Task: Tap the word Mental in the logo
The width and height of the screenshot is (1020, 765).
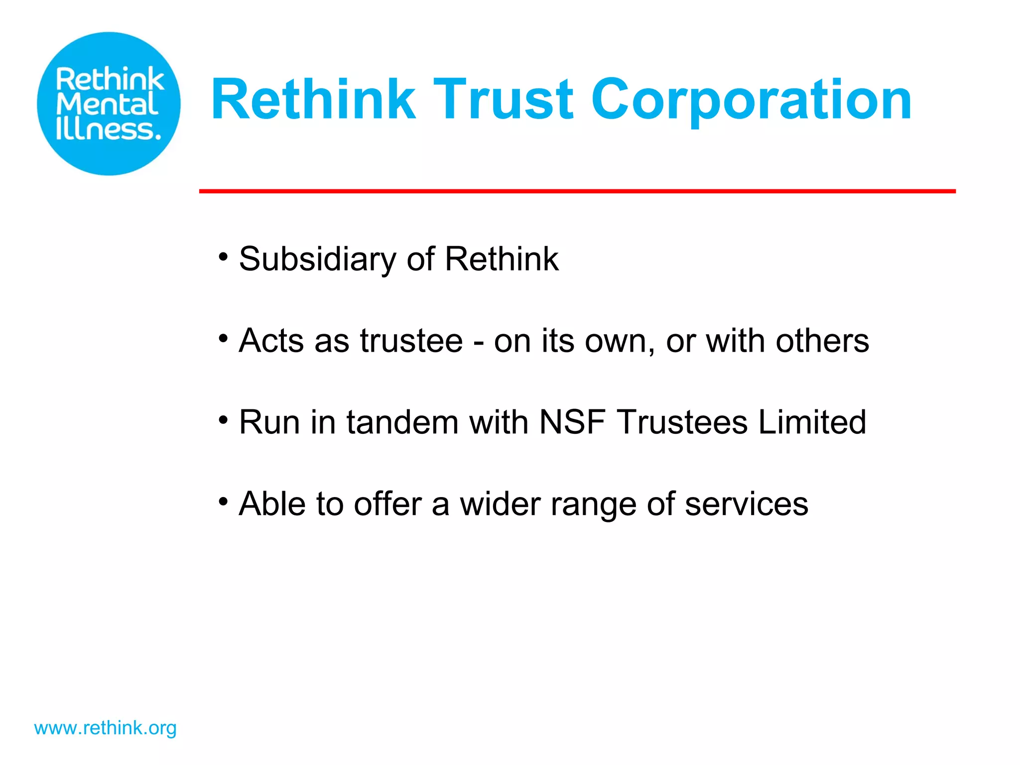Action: [x=107, y=105]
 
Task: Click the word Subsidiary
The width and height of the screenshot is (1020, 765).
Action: [x=317, y=259]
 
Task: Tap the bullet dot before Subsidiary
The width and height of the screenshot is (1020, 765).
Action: [x=223, y=257]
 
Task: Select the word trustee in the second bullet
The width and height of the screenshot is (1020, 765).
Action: [x=411, y=341]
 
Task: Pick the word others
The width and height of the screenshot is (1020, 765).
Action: [x=822, y=341]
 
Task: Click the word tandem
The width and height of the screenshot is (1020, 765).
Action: [x=402, y=422]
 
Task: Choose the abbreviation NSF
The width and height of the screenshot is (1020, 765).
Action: [x=572, y=422]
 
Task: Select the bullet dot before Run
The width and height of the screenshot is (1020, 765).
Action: [x=223, y=420]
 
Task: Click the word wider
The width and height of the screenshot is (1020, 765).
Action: [x=500, y=504]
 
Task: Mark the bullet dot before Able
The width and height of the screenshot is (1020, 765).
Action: [x=223, y=502]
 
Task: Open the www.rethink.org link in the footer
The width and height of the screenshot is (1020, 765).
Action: [x=105, y=728]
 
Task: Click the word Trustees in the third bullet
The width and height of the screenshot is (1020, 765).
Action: [x=682, y=422]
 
